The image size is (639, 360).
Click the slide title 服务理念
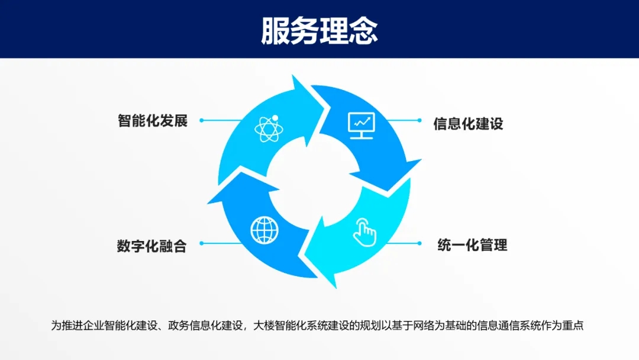(x=319, y=31)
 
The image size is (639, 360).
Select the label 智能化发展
(x=153, y=121)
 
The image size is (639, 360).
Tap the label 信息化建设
(x=468, y=124)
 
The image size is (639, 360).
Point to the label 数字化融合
(x=151, y=246)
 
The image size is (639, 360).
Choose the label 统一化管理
(x=472, y=245)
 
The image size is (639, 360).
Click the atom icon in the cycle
(x=269, y=128)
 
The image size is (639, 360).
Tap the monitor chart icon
(x=362, y=126)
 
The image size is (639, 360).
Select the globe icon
(x=264, y=230)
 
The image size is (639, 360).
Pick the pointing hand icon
(x=364, y=232)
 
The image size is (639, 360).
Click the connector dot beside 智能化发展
(x=201, y=120)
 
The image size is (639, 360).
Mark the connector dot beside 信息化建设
(x=419, y=120)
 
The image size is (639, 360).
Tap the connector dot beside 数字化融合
(x=201, y=243)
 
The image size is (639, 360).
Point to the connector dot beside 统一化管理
(x=419, y=243)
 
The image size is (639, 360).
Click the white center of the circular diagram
(x=314, y=182)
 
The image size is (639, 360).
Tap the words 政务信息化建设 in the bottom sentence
(x=205, y=325)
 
